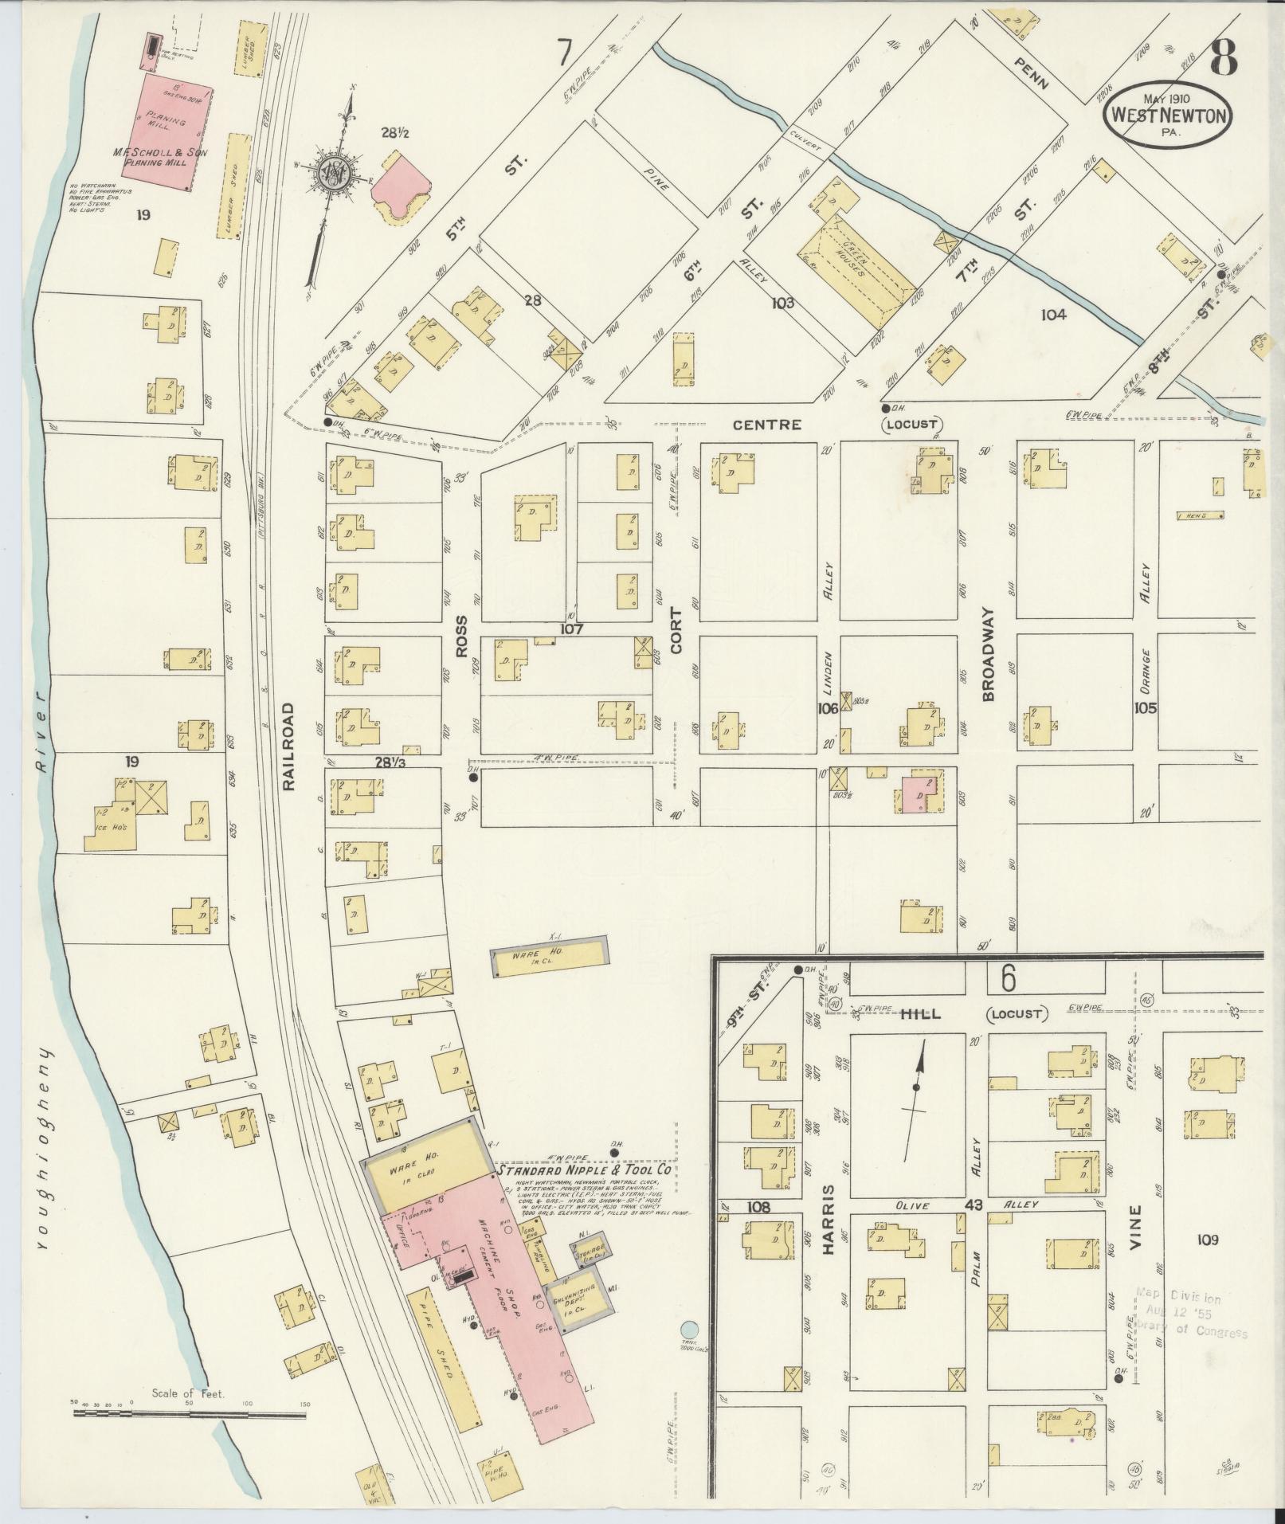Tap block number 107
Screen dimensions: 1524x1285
(571, 629)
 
